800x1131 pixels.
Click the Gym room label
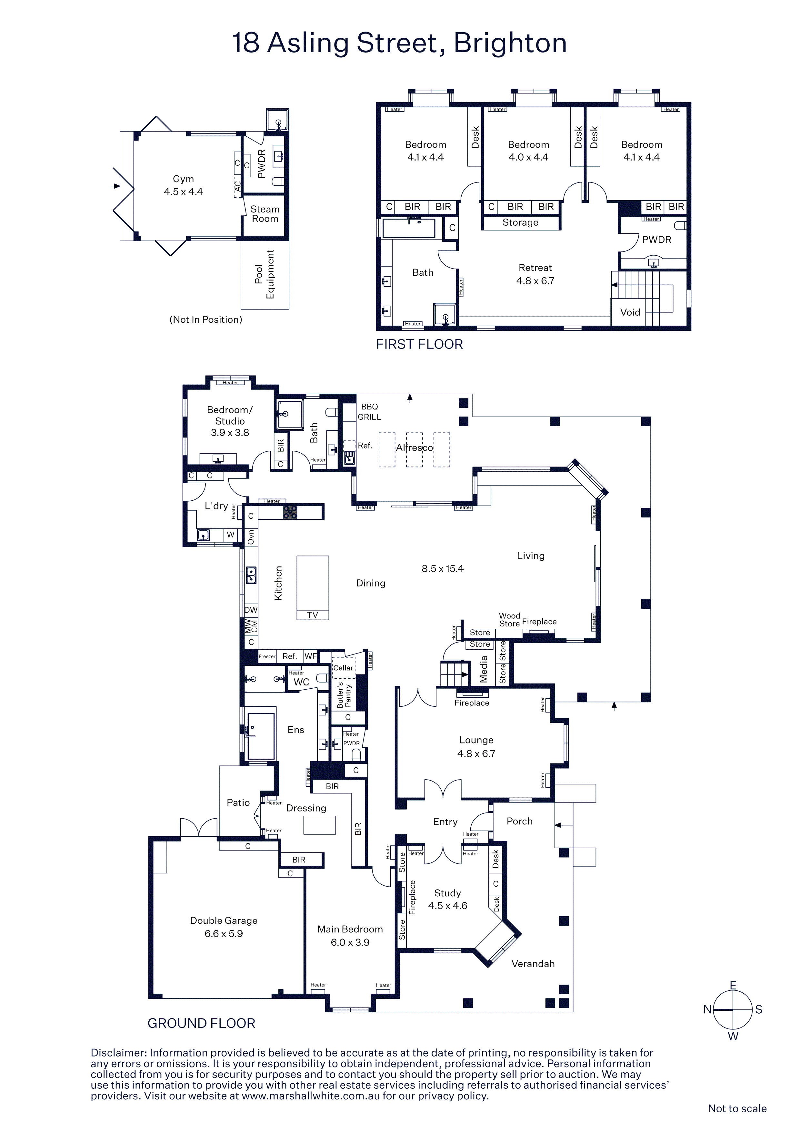[x=183, y=179]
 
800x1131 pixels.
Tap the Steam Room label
[x=265, y=214]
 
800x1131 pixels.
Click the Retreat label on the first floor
[x=535, y=268]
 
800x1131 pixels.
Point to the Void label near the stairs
[x=630, y=312]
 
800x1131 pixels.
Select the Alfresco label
[x=415, y=447]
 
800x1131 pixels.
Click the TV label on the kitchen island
[x=313, y=615]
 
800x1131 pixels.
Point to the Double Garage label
[x=224, y=920]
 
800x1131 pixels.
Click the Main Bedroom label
[x=350, y=929]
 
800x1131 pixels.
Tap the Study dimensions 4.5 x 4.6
[x=447, y=905]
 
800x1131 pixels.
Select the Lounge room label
[x=476, y=740]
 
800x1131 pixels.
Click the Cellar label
[x=343, y=668]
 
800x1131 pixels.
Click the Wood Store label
[x=510, y=620]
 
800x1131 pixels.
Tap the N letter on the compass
[x=707, y=1009]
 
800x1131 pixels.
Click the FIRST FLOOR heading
[x=419, y=344]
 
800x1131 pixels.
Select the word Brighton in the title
[x=510, y=43]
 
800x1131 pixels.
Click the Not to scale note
[x=737, y=1108]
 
